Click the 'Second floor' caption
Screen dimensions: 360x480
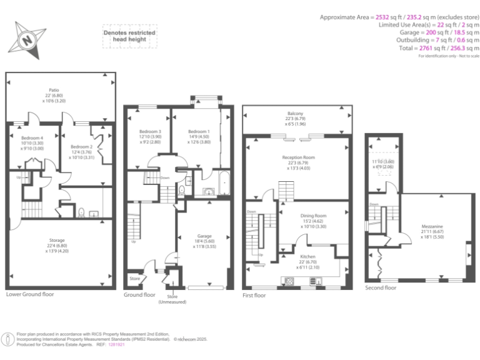[x=381, y=288]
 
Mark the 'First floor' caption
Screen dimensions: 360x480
[x=255, y=294]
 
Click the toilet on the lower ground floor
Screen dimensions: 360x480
[x=82, y=211]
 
